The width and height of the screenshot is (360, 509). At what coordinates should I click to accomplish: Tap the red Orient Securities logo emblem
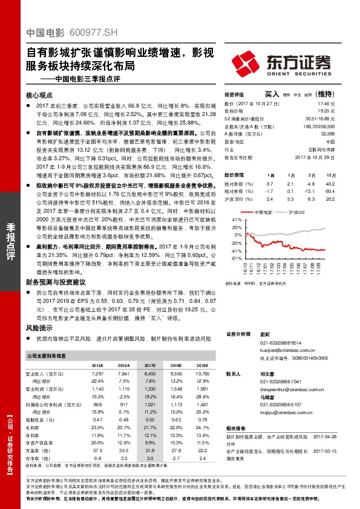[245, 62]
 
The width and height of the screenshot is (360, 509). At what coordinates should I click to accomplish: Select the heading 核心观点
[41, 96]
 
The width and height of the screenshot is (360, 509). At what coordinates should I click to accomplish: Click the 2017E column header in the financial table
[149, 366]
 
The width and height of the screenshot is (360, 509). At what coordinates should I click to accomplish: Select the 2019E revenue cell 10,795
[201, 375]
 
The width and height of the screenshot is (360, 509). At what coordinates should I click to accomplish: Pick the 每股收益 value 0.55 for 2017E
[150, 420]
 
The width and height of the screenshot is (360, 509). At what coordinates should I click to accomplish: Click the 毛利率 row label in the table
[36, 427]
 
